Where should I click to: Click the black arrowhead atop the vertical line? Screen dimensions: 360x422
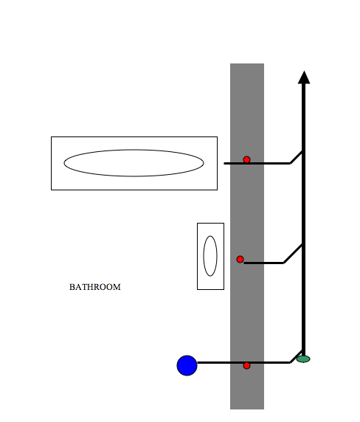tap(304, 77)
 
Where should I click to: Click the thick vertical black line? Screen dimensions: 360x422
tap(303, 219)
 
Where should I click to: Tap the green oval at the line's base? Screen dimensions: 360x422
tap(303, 359)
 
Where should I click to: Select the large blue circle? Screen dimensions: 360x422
tap(187, 365)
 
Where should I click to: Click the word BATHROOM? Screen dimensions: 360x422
tap(95, 287)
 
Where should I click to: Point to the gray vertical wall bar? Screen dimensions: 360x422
tap(247, 236)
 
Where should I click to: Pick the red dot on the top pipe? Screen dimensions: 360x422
tap(246, 160)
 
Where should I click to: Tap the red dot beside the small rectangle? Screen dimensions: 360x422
tap(240, 259)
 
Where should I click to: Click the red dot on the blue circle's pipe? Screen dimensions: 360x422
tap(246, 365)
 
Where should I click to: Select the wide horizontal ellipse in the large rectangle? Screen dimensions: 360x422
tap(134, 150)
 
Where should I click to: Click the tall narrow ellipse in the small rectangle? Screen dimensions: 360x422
tap(210, 236)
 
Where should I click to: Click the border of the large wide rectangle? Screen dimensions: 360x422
tap(134, 137)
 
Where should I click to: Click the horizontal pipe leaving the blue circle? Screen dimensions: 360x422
tap(243, 363)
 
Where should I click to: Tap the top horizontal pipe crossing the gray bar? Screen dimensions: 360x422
tap(257, 163)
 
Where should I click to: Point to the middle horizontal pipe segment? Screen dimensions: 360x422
tap(263, 263)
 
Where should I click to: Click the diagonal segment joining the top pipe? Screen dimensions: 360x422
tap(297, 158)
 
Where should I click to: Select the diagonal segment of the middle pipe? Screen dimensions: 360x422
tap(293, 254)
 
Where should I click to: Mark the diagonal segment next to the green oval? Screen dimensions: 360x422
tap(297, 356)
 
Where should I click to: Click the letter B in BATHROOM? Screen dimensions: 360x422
tap(72, 287)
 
